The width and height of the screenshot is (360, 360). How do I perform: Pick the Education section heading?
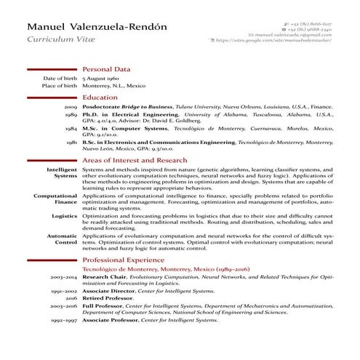(x=100, y=97)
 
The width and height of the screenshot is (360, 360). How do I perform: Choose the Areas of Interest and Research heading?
(x=135, y=160)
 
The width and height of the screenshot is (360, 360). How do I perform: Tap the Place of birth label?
(x=60, y=85)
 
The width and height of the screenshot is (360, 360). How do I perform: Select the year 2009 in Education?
(x=71, y=106)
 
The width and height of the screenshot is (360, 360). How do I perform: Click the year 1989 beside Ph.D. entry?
(x=71, y=115)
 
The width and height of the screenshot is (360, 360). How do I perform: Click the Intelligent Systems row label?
(x=62, y=172)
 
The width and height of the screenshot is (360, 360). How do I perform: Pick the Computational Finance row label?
(x=56, y=199)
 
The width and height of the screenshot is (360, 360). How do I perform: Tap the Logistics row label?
(x=65, y=216)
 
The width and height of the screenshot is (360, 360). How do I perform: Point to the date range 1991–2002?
(x=64, y=290)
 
